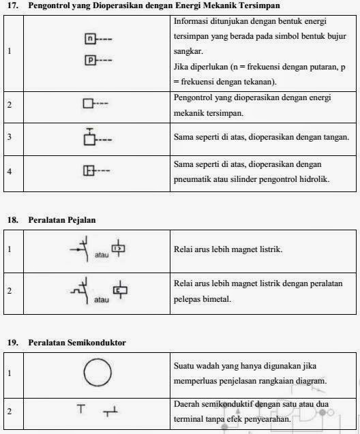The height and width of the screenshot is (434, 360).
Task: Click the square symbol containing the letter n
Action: click(x=90, y=39)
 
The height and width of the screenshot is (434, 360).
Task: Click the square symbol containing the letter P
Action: click(x=90, y=61)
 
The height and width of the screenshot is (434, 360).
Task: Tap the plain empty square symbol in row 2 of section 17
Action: click(x=87, y=104)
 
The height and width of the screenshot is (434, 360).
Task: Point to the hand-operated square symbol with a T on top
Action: click(x=89, y=138)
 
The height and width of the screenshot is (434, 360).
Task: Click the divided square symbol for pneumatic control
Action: click(x=88, y=171)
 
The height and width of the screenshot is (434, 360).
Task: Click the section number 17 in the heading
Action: click(x=11, y=5)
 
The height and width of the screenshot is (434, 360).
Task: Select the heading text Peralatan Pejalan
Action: click(x=62, y=220)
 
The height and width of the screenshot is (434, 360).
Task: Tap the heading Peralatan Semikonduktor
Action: click(x=77, y=342)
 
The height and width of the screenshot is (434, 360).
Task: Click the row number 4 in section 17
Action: click(x=10, y=171)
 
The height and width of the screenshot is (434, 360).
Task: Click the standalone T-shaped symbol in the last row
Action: click(x=81, y=409)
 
